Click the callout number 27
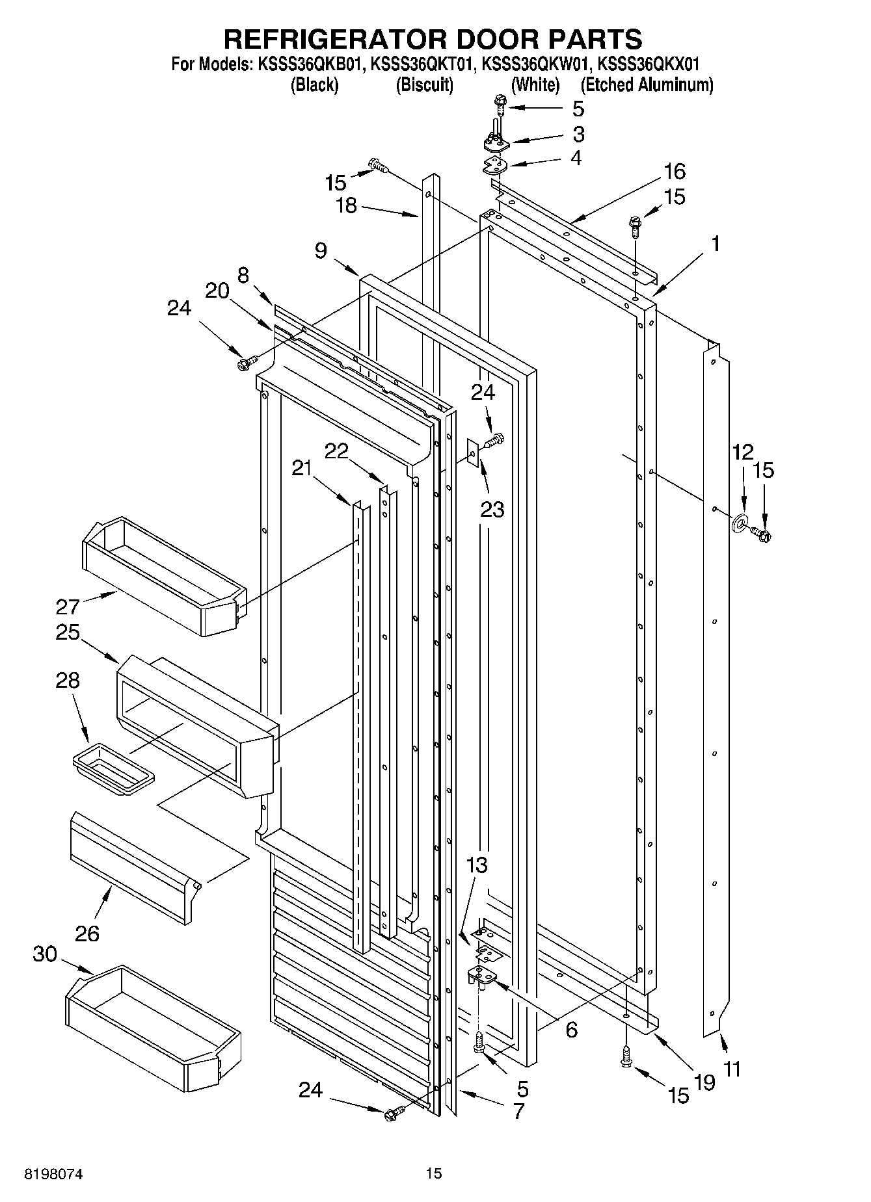click(67, 607)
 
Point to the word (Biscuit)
click(424, 85)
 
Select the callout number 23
click(492, 509)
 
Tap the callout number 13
click(477, 865)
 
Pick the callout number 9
click(321, 250)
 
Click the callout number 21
click(302, 467)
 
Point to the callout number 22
click(336, 451)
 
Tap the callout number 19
click(704, 1082)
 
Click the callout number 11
click(732, 1069)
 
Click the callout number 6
click(571, 1029)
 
